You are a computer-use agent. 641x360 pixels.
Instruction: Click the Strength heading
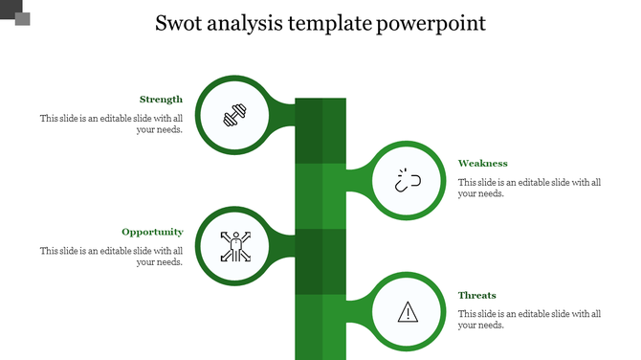161,100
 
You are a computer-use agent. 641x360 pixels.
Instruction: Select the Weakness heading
482,164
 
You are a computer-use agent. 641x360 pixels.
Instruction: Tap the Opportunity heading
152,232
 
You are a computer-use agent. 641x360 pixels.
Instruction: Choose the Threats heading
476,296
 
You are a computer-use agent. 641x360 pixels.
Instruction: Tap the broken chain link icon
409,181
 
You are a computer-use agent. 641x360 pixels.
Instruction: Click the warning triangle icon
409,311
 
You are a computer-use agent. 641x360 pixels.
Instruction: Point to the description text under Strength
111,124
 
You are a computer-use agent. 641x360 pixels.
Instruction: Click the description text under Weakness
529,188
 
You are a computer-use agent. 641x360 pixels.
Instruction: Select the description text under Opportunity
111,257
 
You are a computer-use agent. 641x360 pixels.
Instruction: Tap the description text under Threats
529,319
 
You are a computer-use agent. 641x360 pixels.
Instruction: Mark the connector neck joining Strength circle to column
281,114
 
